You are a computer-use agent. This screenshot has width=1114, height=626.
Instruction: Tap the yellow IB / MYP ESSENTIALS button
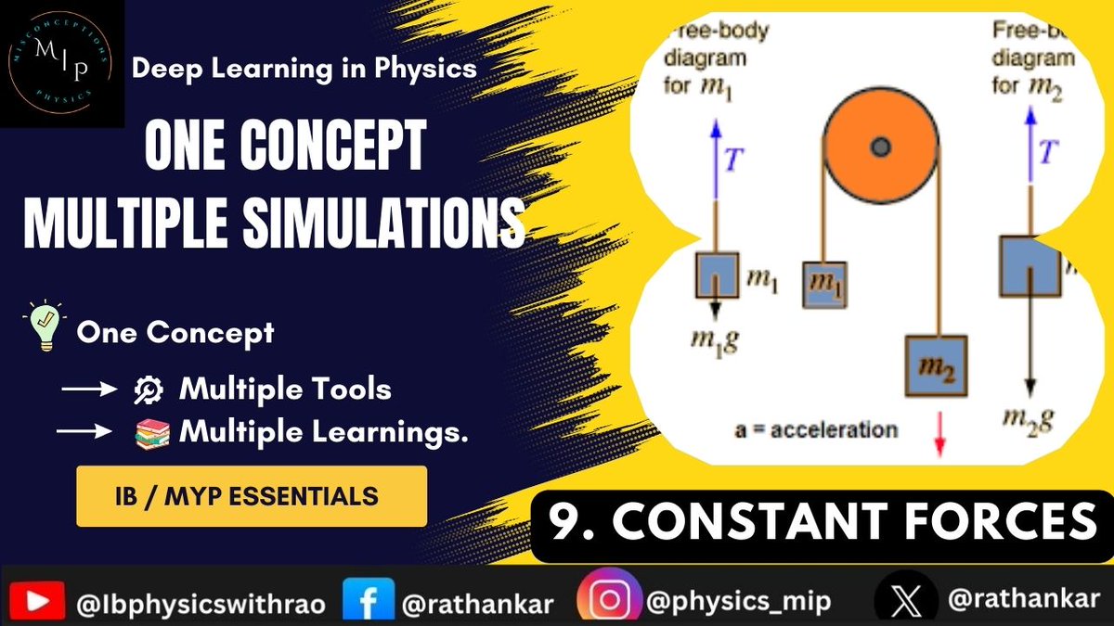tap(252, 496)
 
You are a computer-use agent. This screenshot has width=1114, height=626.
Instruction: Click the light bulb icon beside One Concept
tap(45, 330)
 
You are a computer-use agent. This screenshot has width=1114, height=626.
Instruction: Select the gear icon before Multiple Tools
tap(149, 390)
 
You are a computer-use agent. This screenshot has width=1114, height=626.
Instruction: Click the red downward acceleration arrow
tap(939, 436)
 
